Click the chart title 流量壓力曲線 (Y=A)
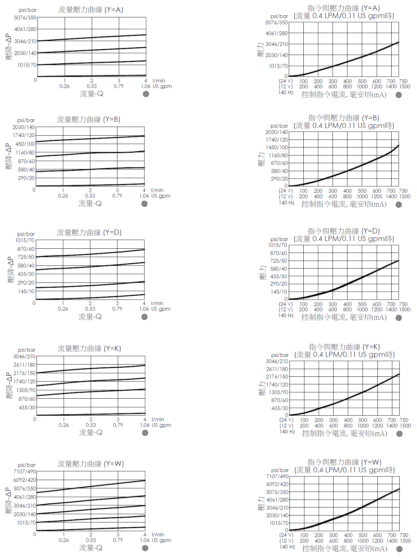pyautogui.click(x=91, y=10)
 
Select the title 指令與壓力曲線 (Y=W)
pyautogui.click(x=344, y=462)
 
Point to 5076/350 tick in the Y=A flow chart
pyautogui.click(x=25, y=18)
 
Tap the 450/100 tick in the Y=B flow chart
pyautogui.click(x=25, y=144)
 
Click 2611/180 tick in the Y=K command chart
pyautogui.click(x=277, y=369)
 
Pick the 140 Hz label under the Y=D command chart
pyautogui.click(x=286, y=316)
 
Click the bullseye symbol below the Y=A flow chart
pyautogui.click(x=146, y=94)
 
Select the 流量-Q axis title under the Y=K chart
pyautogui.click(x=91, y=432)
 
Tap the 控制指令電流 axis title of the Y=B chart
pyautogui.click(x=344, y=204)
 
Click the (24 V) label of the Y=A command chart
pyautogui.click(x=286, y=81)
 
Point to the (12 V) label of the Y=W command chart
pyautogui.click(x=286, y=541)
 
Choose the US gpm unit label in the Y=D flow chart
pyautogui.click(x=161, y=309)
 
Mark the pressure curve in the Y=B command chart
pyautogui.click(x=347, y=171)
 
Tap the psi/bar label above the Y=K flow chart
pyautogui.click(x=27, y=350)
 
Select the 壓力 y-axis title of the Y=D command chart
pyautogui.click(x=263, y=272)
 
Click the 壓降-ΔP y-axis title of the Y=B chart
pyautogui.click(x=9, y=157)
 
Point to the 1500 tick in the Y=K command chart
pyautogui.click(x=405, y=426)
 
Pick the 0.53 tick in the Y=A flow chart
pyautogui.click(x=92, y=86)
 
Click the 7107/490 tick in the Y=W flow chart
pyautogui.click(x=25, y=472)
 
